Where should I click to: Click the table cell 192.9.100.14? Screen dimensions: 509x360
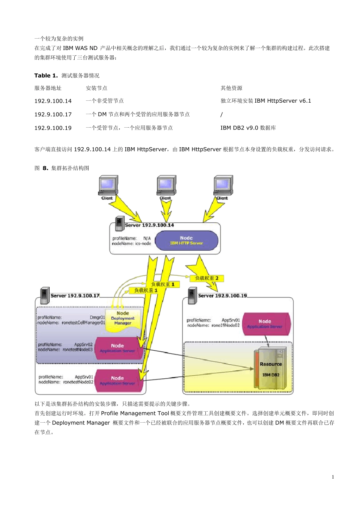click(x=53, y=101)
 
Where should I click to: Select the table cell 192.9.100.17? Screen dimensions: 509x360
click(x=53, y=114)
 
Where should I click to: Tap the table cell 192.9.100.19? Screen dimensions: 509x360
click(x=53, y=128)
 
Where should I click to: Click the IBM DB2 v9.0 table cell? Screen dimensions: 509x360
click(x=248, y=128)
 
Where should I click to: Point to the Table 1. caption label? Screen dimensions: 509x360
click(x=46, y=76)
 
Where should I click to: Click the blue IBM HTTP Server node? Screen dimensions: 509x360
click(x=186, y=240)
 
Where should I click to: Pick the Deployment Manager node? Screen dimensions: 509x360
click(x=123, y=319)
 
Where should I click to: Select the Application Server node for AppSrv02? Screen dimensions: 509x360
click(x=118, y=348)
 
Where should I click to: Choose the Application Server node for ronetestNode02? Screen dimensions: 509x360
click(x=118, y=381)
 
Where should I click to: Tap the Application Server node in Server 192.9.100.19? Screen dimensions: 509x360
click(x=265, y=324)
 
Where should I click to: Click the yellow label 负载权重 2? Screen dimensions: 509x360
click(x=207, y=278)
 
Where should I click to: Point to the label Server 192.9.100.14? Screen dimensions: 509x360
click(x=149, y=225)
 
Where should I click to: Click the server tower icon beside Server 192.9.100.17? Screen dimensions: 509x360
click(x=45, y=296)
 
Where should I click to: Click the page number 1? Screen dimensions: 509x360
click(x=333, y=477)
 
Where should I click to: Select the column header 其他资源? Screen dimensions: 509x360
click(x=232, y=88)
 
